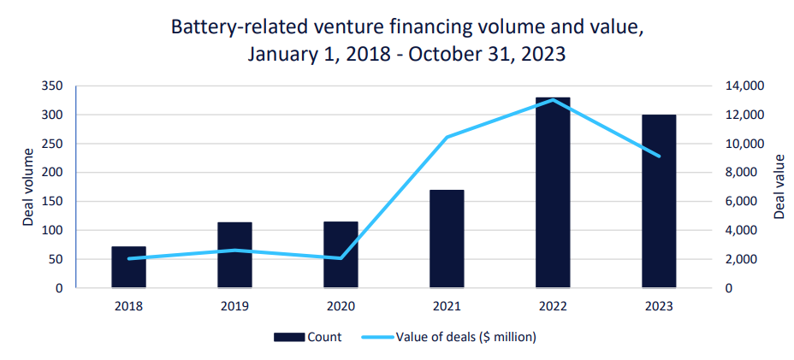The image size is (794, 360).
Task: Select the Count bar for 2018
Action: pos(129,268)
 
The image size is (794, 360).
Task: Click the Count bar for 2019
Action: pos(234,256)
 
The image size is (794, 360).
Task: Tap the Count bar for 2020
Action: pos(341,255)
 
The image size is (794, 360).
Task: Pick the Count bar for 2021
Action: pos(447,239)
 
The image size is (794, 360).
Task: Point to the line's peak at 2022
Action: pos(553,100)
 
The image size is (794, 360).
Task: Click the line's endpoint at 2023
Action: pos(659,156)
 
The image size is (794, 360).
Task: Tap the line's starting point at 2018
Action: pos(129,258)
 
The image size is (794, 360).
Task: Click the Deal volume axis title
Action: pos(27,186)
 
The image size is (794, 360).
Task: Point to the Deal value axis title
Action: pos(779,186)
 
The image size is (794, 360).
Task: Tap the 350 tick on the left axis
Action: pos(52,86)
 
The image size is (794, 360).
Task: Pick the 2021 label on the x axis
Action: pos(447,304)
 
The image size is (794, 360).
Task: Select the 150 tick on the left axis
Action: pos(52,202)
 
